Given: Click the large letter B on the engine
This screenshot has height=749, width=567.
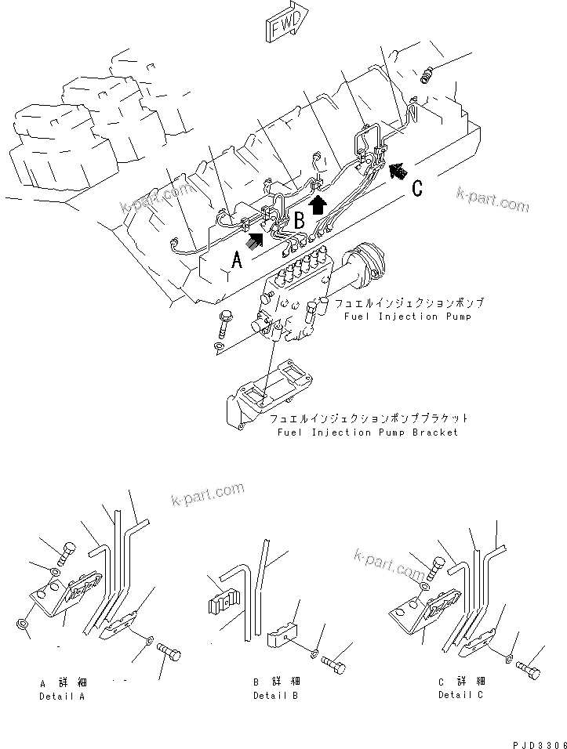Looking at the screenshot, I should pyautogui.click(x=298, y=221).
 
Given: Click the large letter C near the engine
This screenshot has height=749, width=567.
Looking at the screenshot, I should pyautogui.click(x=416, y=188).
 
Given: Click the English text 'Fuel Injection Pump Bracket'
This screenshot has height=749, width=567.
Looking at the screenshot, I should pyautogui.click(x=367, y=432).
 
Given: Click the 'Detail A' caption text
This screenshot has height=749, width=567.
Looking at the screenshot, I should pyautogui.click(x=62, y=696).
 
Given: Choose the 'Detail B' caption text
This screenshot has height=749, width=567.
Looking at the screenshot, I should pyautogui.click(x=274, y=696).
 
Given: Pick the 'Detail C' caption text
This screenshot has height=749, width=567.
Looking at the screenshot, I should pyautogui.click(x=461, y=695).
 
